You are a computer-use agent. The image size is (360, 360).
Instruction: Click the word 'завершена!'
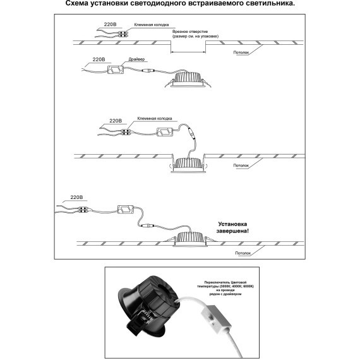click(233, 232)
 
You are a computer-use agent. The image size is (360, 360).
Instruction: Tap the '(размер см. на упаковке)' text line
click(192, 37)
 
